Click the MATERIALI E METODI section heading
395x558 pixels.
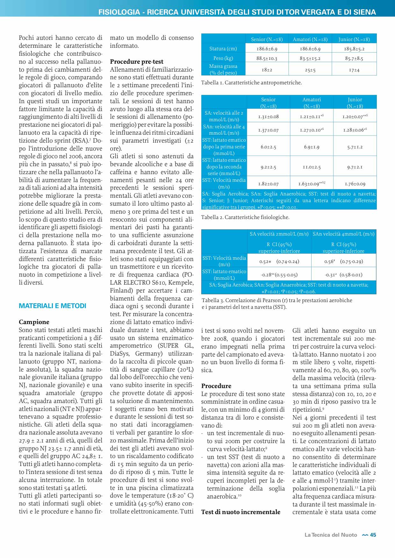[53, 306]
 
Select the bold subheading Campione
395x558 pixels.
[34, 322]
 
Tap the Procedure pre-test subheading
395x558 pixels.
[137, 61]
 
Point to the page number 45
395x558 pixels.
[373, 535]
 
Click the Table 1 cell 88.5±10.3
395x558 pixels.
[267, 58]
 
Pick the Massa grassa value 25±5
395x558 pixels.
[310, 70]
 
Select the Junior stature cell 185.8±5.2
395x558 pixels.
[354, 49]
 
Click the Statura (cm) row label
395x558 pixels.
[223, 49]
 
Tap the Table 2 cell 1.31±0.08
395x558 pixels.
[268, 117]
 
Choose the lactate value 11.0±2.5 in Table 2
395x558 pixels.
[312, 167]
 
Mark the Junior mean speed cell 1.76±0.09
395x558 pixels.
[355, 184]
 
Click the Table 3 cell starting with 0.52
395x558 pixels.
[279, 261]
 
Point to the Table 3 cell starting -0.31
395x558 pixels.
[343, 275]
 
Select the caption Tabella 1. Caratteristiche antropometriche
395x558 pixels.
[251, 83]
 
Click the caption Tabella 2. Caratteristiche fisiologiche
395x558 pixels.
[245, 217]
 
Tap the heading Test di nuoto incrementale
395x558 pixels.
[241, 512]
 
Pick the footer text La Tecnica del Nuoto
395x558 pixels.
[331, 535]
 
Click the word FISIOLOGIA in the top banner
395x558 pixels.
[119, 12]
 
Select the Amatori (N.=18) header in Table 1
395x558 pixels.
[310, 39]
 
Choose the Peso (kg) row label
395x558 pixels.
[223, 58]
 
